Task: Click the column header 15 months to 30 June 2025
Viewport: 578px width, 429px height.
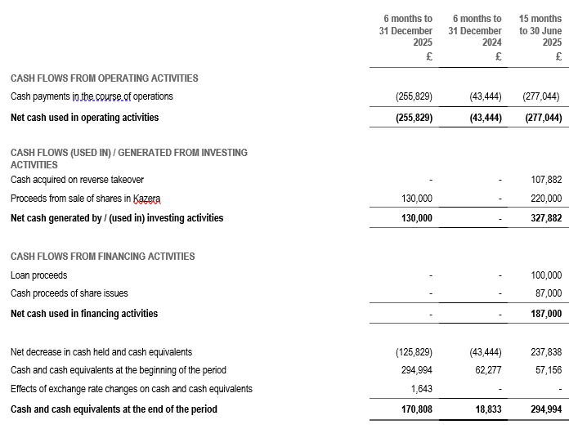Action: [x=540, y=31]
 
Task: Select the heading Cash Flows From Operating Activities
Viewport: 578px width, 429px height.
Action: [x=104, y=78]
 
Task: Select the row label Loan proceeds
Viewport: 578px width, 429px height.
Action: [x=38, y=276]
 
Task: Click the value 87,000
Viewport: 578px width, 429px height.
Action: [x=549, y=293]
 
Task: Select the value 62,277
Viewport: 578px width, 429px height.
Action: [x=486, y=370]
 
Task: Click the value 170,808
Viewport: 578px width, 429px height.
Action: [x=415, y=409]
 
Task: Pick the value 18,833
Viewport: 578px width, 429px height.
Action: [x=486, y=409]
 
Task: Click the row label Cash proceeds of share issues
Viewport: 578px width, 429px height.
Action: [x=69, y=293]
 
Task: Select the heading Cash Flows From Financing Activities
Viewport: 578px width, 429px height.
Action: [x=102, y=257]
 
